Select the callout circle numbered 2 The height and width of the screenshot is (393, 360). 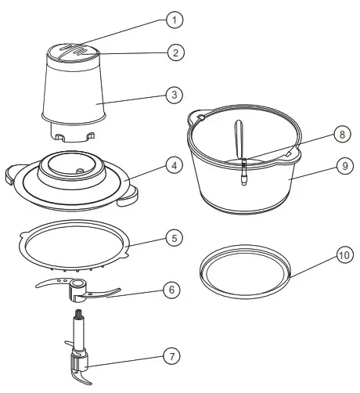pos(177,53)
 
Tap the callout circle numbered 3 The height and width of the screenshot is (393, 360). pos(177,96)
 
